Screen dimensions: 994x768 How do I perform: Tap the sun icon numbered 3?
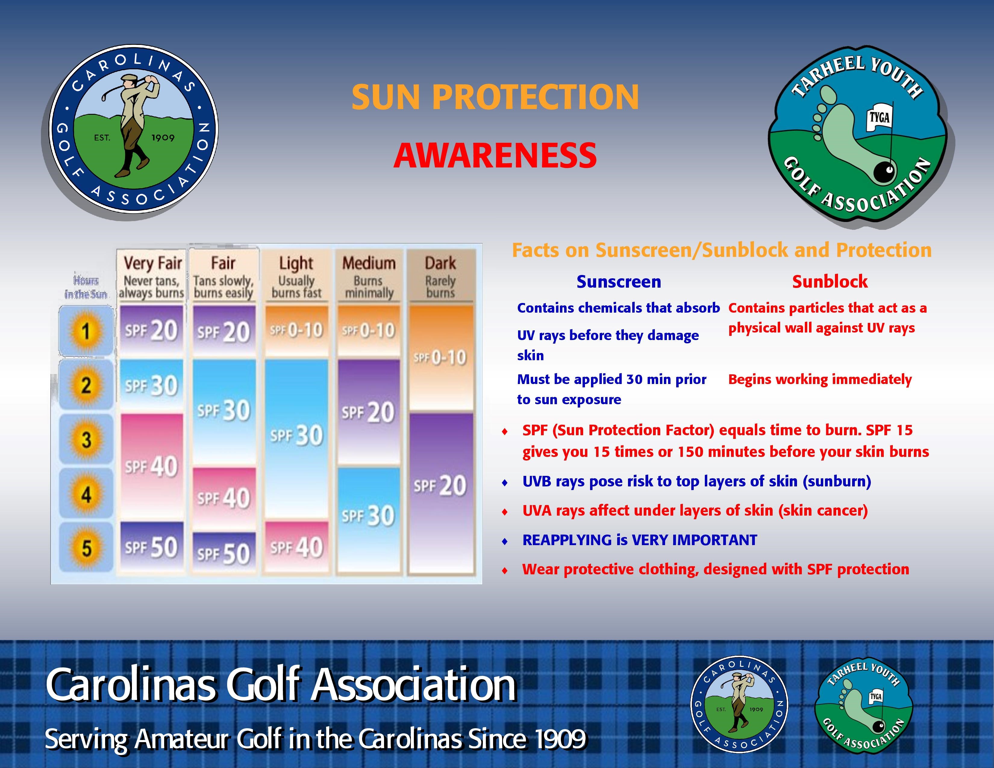pos(86,440)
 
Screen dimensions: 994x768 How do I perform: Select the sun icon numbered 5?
pos(86,548)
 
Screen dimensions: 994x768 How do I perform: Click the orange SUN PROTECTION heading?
pos(495,97)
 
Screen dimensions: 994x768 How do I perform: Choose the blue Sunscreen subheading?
pos(618,282)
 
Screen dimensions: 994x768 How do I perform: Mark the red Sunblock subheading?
pos(830,282)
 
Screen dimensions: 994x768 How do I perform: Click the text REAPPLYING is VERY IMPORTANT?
pos(639,540)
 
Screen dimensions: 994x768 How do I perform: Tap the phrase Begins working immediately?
pos(820,379)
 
